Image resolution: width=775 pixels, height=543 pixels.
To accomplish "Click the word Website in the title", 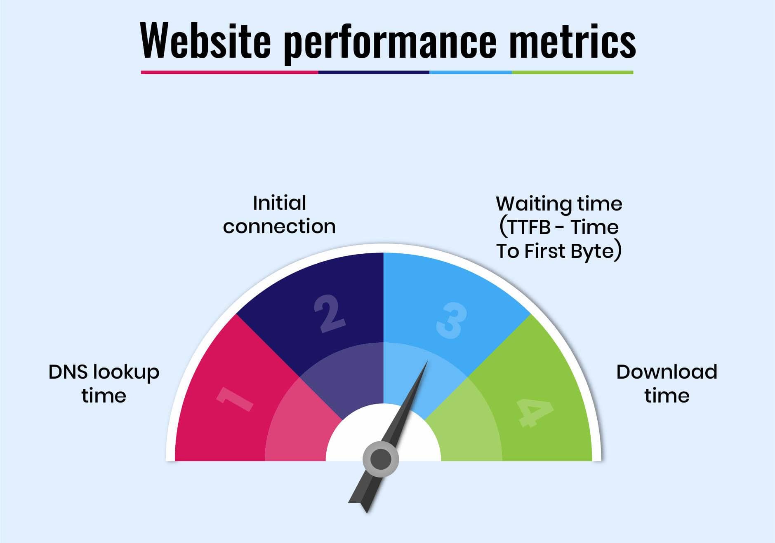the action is click(x=205, y=40).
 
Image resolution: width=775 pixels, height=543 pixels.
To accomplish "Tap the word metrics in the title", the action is click(x=572, y=40).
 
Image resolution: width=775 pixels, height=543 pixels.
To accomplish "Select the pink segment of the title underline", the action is click(x=229, y=73).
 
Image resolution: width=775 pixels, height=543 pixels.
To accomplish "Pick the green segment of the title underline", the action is click(x=572, y=73).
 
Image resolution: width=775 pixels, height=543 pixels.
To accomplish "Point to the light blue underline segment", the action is click(x=471, y=73).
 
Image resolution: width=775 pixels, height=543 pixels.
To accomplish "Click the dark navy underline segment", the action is click(x=374, y=73).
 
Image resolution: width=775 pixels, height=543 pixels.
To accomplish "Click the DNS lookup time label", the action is click(x=104, y=384).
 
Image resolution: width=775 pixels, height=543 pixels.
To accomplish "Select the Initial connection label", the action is click(x=279, y=215).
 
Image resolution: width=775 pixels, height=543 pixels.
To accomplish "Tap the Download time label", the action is click(x=667, y=384).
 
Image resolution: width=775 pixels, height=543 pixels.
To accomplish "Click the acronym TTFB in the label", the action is click(x=529, y=227).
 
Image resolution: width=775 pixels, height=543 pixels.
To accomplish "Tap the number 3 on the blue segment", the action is click(x=452, y=321).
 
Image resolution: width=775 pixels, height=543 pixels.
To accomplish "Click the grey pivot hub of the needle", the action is click(x=381, y=459).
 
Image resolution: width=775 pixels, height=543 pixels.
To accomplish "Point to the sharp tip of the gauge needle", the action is click(x=427, y=361).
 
